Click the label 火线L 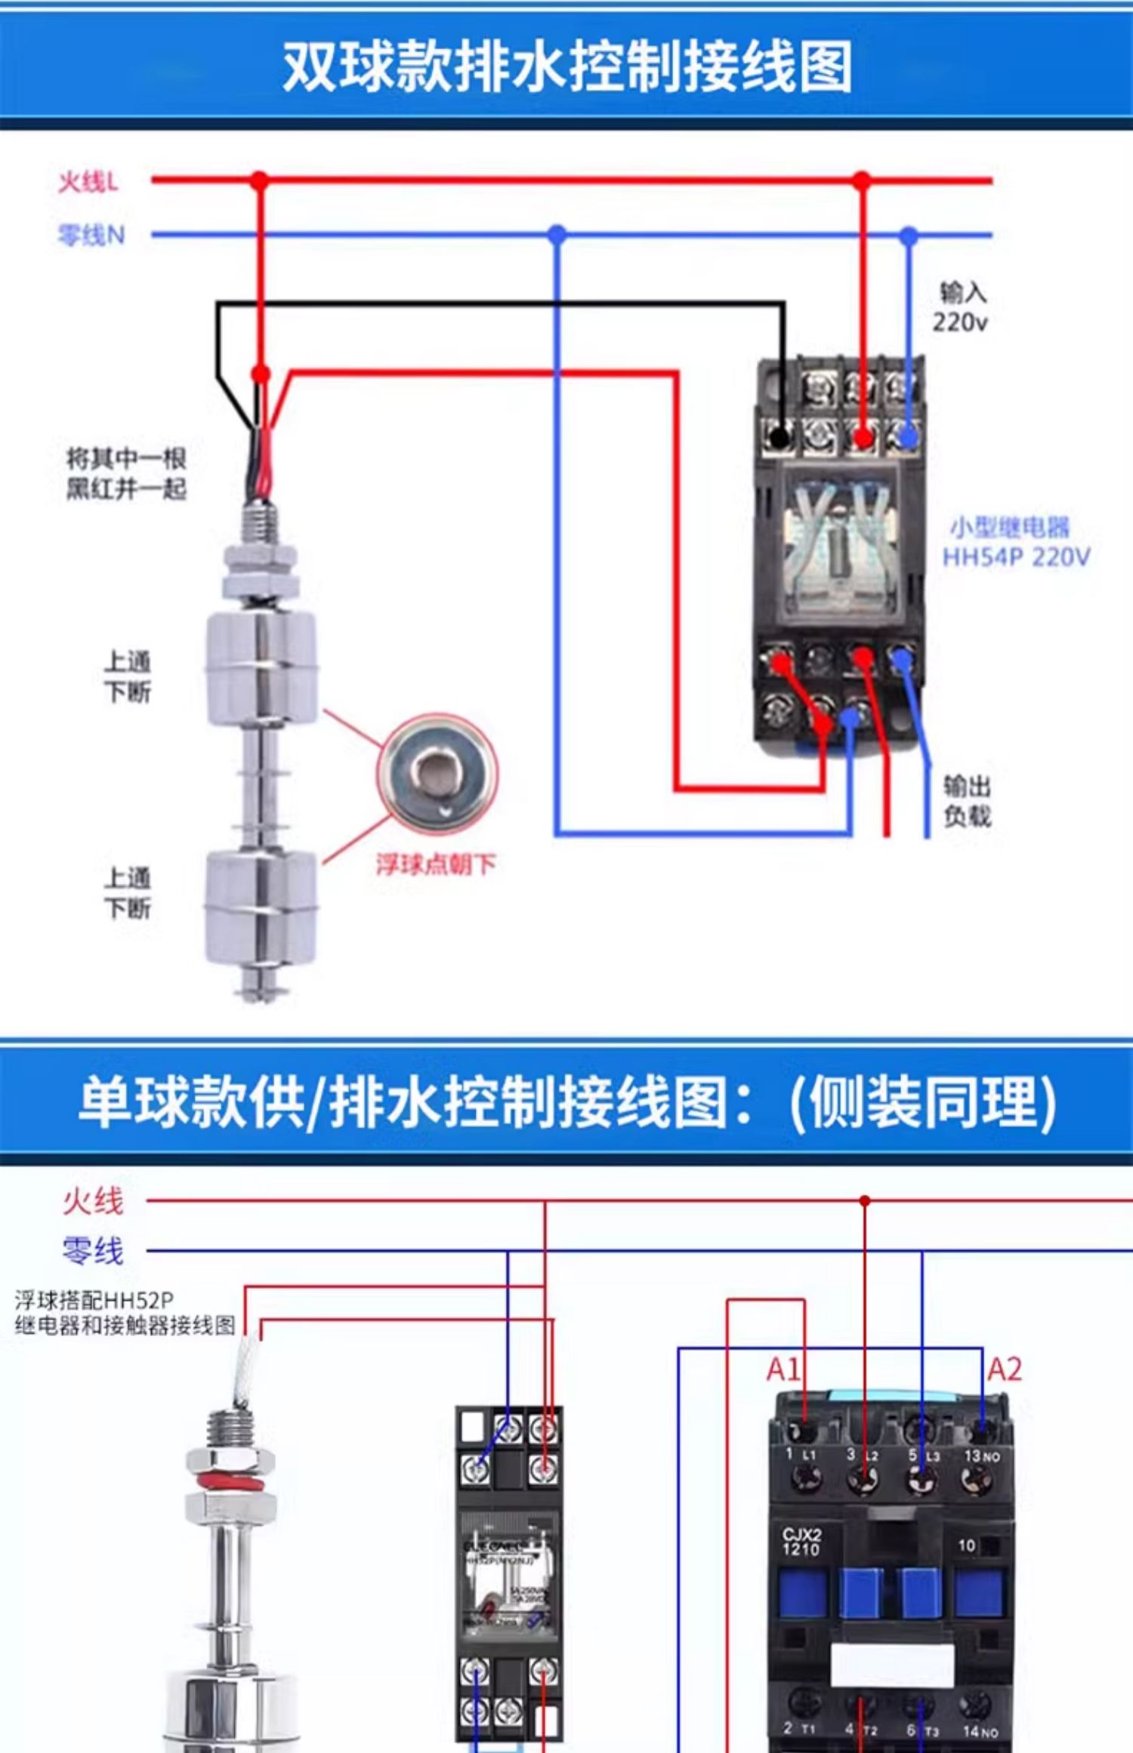tap(88, 182)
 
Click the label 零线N tap(91, 236)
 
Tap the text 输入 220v tap(960, 307)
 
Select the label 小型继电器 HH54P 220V tap(1016, 542)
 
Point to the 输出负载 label tap(967, 801)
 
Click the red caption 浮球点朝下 tap(436, 864)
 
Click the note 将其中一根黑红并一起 tap(126, 473)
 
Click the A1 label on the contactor tap(783, 1369)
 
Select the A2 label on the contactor tap(1005, 1369)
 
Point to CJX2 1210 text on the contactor tap(801, 1542)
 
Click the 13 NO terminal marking tap(981, 1456)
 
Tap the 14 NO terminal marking tap(980, 1730)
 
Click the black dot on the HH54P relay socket tap(780, 436)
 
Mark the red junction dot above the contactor tap(865, 1200)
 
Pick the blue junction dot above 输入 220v tap(909, 236)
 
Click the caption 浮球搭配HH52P tap(94, 1300)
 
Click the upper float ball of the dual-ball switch tap(261, 668)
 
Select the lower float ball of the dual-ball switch tap(261, 906)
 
